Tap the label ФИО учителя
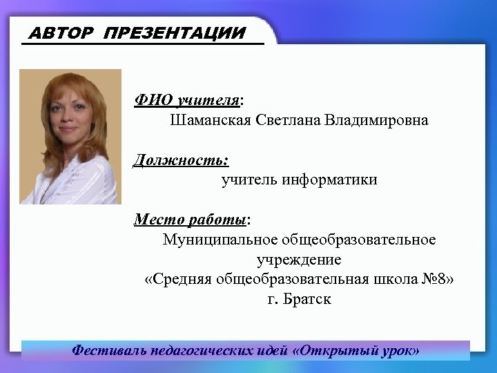pos(187,101)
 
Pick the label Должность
pos(181,160)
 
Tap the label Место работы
pos(191,220)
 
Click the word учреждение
pos(299,260)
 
